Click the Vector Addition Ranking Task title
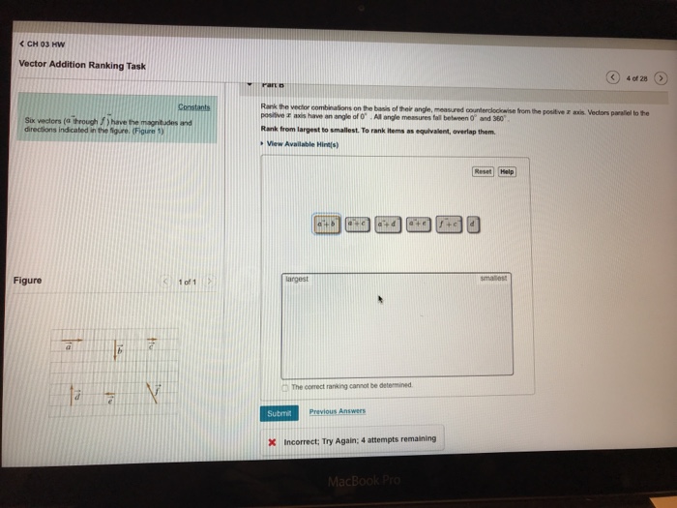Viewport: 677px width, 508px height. click(x=82, y=65)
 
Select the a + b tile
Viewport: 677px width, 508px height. click(x=327, y=224)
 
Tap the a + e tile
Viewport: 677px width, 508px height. click(x=420, y=224)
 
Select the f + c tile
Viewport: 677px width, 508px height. click(x=450, y=224)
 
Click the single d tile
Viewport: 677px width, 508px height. click(x=473, y=224)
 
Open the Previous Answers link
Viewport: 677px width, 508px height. click(x=337, y=411)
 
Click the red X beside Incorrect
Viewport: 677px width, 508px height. click(x=274, y=440)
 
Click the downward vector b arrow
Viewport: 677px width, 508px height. click(x=118, y=351)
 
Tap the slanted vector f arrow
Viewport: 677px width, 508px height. click(x=151, y=392)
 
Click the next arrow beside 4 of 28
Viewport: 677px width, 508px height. click(x=662, y=77)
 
